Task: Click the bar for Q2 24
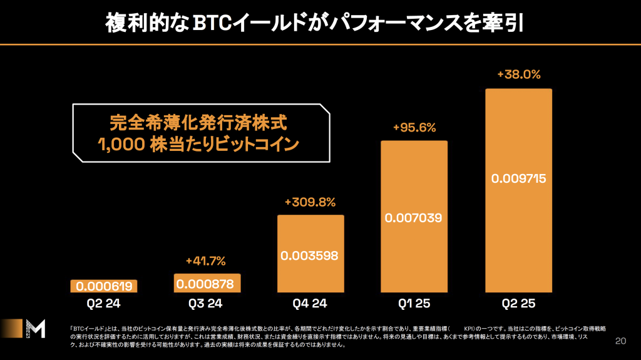coord(103,286)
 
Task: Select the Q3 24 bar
coord(207,283)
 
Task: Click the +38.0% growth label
coord(518,74)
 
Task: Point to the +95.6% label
coord(414,127)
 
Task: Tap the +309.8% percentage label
coord(310,202)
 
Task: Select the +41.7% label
coord(206,260)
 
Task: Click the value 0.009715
coord(518,178)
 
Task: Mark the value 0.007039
coord(414,218)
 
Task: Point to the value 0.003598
coord(310,255)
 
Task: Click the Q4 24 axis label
coord(310,304)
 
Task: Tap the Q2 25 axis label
coord(518,304)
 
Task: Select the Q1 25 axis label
coord(414,304)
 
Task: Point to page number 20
coord(620,341)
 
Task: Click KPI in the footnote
coord(468,327)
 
